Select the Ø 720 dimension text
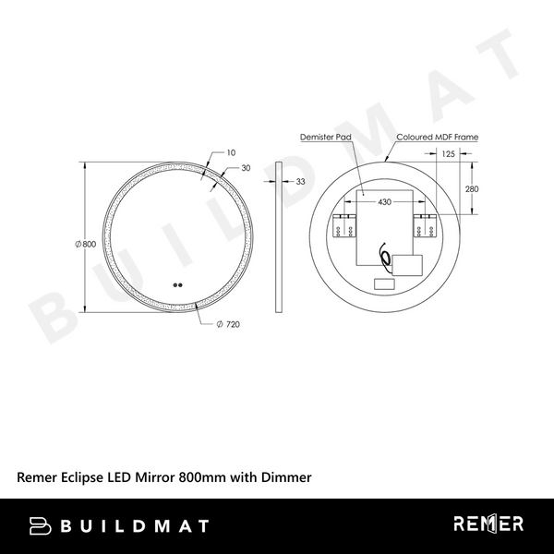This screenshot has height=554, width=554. click(x=228, y=325)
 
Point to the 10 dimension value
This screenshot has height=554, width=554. click(x=230, y=151)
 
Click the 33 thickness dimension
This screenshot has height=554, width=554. click(x=301, y=182)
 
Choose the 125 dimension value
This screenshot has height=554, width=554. click(x=448, y=153)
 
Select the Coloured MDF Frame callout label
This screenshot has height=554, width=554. click(x=437, y=137)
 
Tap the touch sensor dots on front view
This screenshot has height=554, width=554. click(x=177, y=285)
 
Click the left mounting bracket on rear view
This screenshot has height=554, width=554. click(x=343, y=224)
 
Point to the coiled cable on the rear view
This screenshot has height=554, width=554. click(x=381, y=254)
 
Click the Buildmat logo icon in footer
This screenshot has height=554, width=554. click(x=42, y=525)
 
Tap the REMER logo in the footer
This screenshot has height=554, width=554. click(x=488, y=524)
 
